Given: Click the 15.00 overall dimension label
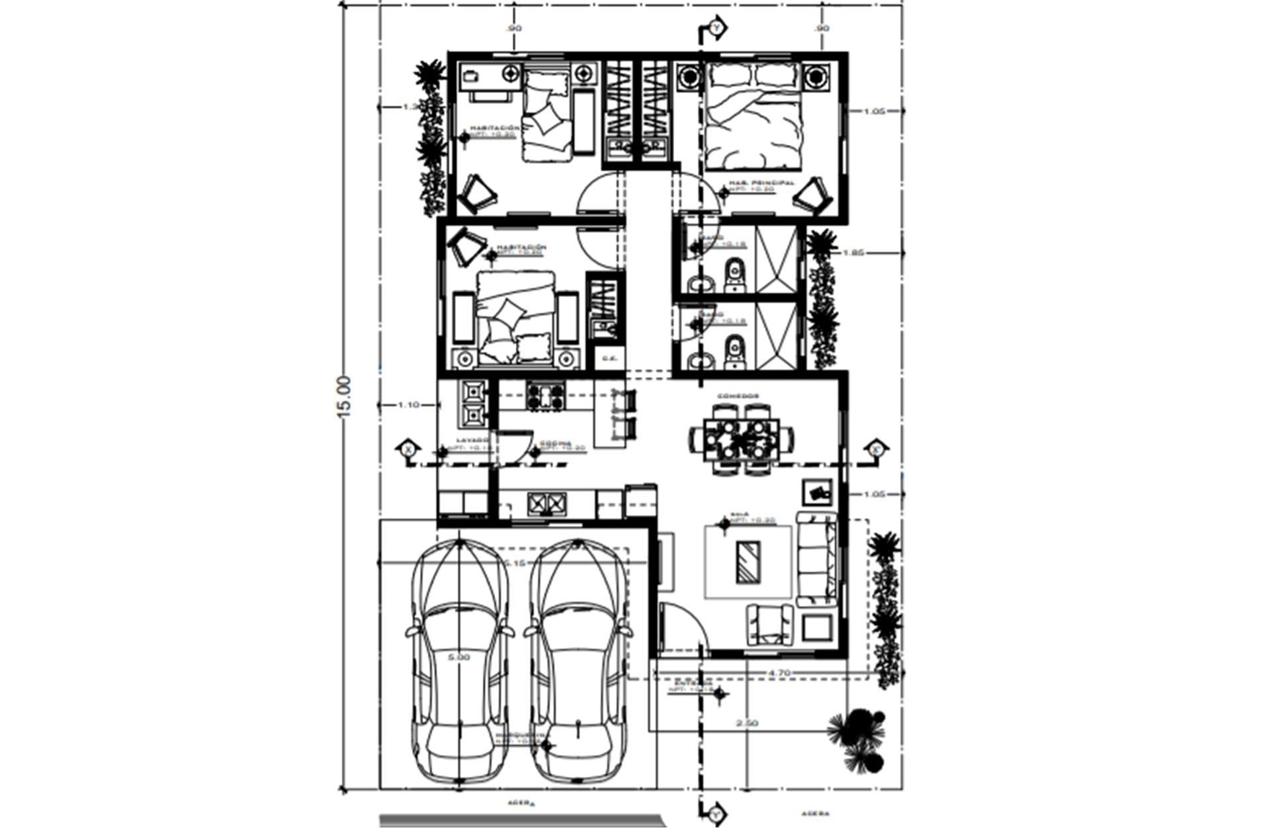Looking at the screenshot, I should [344, 396].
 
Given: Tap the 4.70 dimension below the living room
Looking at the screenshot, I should [779, 672].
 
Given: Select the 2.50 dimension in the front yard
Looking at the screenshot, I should [746, 722].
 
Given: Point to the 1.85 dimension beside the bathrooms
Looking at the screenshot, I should [853, 252].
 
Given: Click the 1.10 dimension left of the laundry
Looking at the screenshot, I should [409, 405].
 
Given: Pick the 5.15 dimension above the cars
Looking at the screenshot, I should [514, 562].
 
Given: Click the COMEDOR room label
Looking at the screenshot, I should [737, 396].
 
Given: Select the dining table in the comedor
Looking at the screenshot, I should [742, 439].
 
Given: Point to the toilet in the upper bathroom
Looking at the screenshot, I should [734, 273].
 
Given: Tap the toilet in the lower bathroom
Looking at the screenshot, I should [734, 351].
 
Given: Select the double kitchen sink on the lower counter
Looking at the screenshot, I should [546, 503].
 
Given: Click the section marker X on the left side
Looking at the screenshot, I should [408, 449].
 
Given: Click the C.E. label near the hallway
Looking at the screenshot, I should [609, 358].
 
